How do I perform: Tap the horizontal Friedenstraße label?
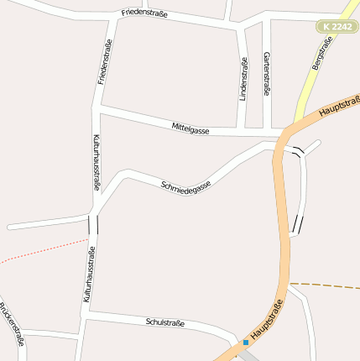[144, 13]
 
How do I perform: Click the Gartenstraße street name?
[267, 72]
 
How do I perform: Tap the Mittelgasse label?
[190, 128]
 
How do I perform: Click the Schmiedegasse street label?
[185, 184]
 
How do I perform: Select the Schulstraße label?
[164, 322]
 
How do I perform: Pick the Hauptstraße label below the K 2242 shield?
[339, 104]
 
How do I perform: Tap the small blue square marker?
[246, 343]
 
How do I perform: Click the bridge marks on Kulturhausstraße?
[92, 224]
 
